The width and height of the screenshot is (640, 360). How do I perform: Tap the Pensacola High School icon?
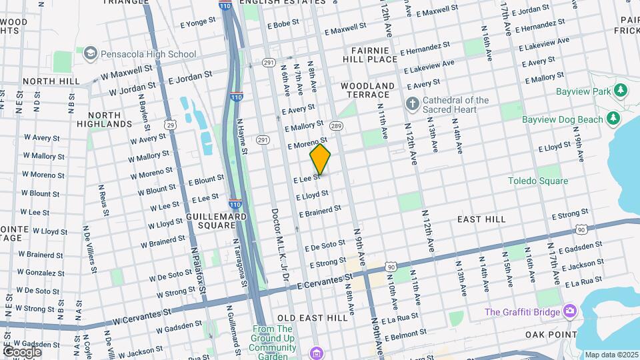90,53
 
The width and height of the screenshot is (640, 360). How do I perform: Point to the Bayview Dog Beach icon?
613,119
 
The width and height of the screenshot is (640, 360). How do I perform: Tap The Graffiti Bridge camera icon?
569,311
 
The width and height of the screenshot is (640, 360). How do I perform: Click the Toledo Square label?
538,181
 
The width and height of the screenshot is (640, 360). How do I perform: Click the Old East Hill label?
312,318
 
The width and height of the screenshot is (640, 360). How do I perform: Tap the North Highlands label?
103,119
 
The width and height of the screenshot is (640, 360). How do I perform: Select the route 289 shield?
336,125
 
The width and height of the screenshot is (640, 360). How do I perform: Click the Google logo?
22,351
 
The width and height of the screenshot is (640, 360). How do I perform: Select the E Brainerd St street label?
320,211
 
